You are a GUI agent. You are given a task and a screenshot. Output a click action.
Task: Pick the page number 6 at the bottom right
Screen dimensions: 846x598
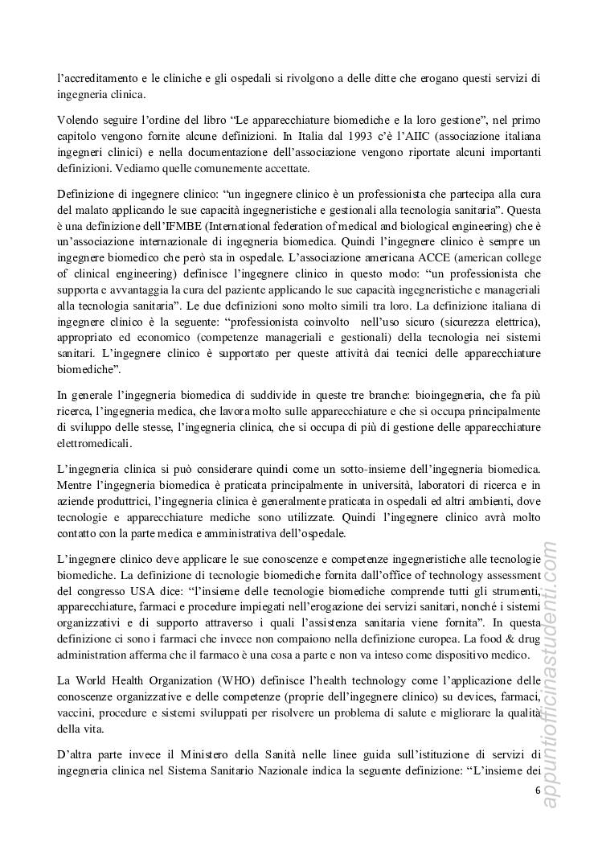(537, 790)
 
